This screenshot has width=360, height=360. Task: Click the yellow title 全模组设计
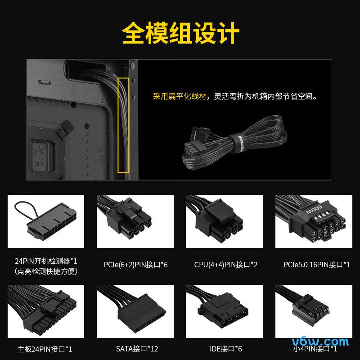(x=180, y=33)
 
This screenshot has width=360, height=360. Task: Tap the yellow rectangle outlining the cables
(x=118, y=125)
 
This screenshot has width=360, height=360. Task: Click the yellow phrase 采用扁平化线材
(x=180, y=96)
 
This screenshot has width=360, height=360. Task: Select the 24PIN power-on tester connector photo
(x=46, y=221)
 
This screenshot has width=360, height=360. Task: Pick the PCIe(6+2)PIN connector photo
(x=135, y=221)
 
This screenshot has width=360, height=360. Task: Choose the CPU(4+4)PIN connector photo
(x=224, y=221)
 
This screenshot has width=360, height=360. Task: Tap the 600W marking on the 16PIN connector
(x=314, y=209)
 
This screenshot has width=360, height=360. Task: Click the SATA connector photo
(x=135, y=311)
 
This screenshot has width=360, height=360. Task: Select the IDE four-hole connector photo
(x=224, y=311)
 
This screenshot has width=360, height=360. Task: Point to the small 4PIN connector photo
(x=314, y=311)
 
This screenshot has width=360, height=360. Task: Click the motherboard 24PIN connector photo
(x=46, y=311)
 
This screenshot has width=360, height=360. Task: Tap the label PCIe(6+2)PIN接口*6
(x=136, y=265)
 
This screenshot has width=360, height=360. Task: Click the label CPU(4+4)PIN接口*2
(x=226, y=265)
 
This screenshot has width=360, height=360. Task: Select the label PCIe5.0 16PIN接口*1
(x=317, y=265)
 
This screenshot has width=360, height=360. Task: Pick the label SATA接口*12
(x=137, y=349)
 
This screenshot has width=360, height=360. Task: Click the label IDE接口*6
(x=226, y=349)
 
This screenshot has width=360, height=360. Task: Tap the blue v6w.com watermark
(x=320, y=342)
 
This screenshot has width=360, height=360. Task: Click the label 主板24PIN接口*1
(x=45, y=349)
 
